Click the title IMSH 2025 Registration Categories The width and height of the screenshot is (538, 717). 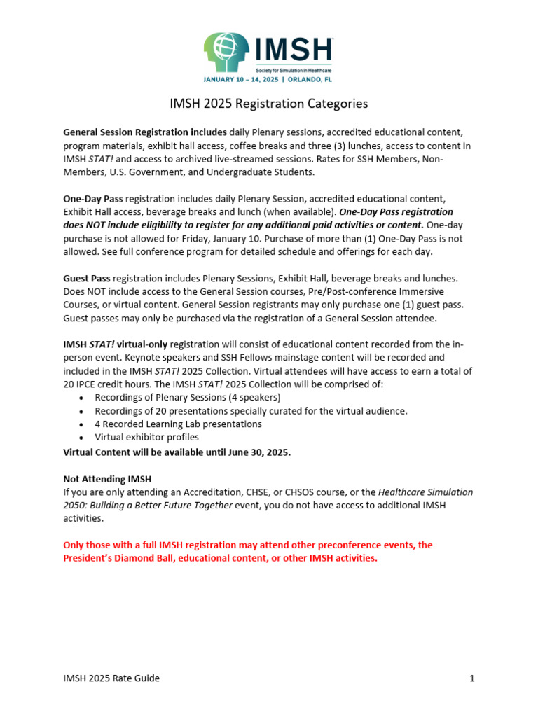click(x=268, y=104)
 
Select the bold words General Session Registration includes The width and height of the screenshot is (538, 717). click(x=145, y=132)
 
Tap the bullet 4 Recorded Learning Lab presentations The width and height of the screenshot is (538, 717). click(x=179, y=424)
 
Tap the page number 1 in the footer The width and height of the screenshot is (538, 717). click(x=472, y=678)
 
